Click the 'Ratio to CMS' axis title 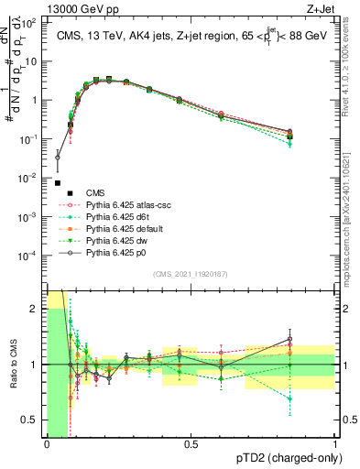pos(15,365)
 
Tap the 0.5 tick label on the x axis pos(191,444)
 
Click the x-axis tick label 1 pos(336,444)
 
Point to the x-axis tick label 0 pos(47,444)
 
